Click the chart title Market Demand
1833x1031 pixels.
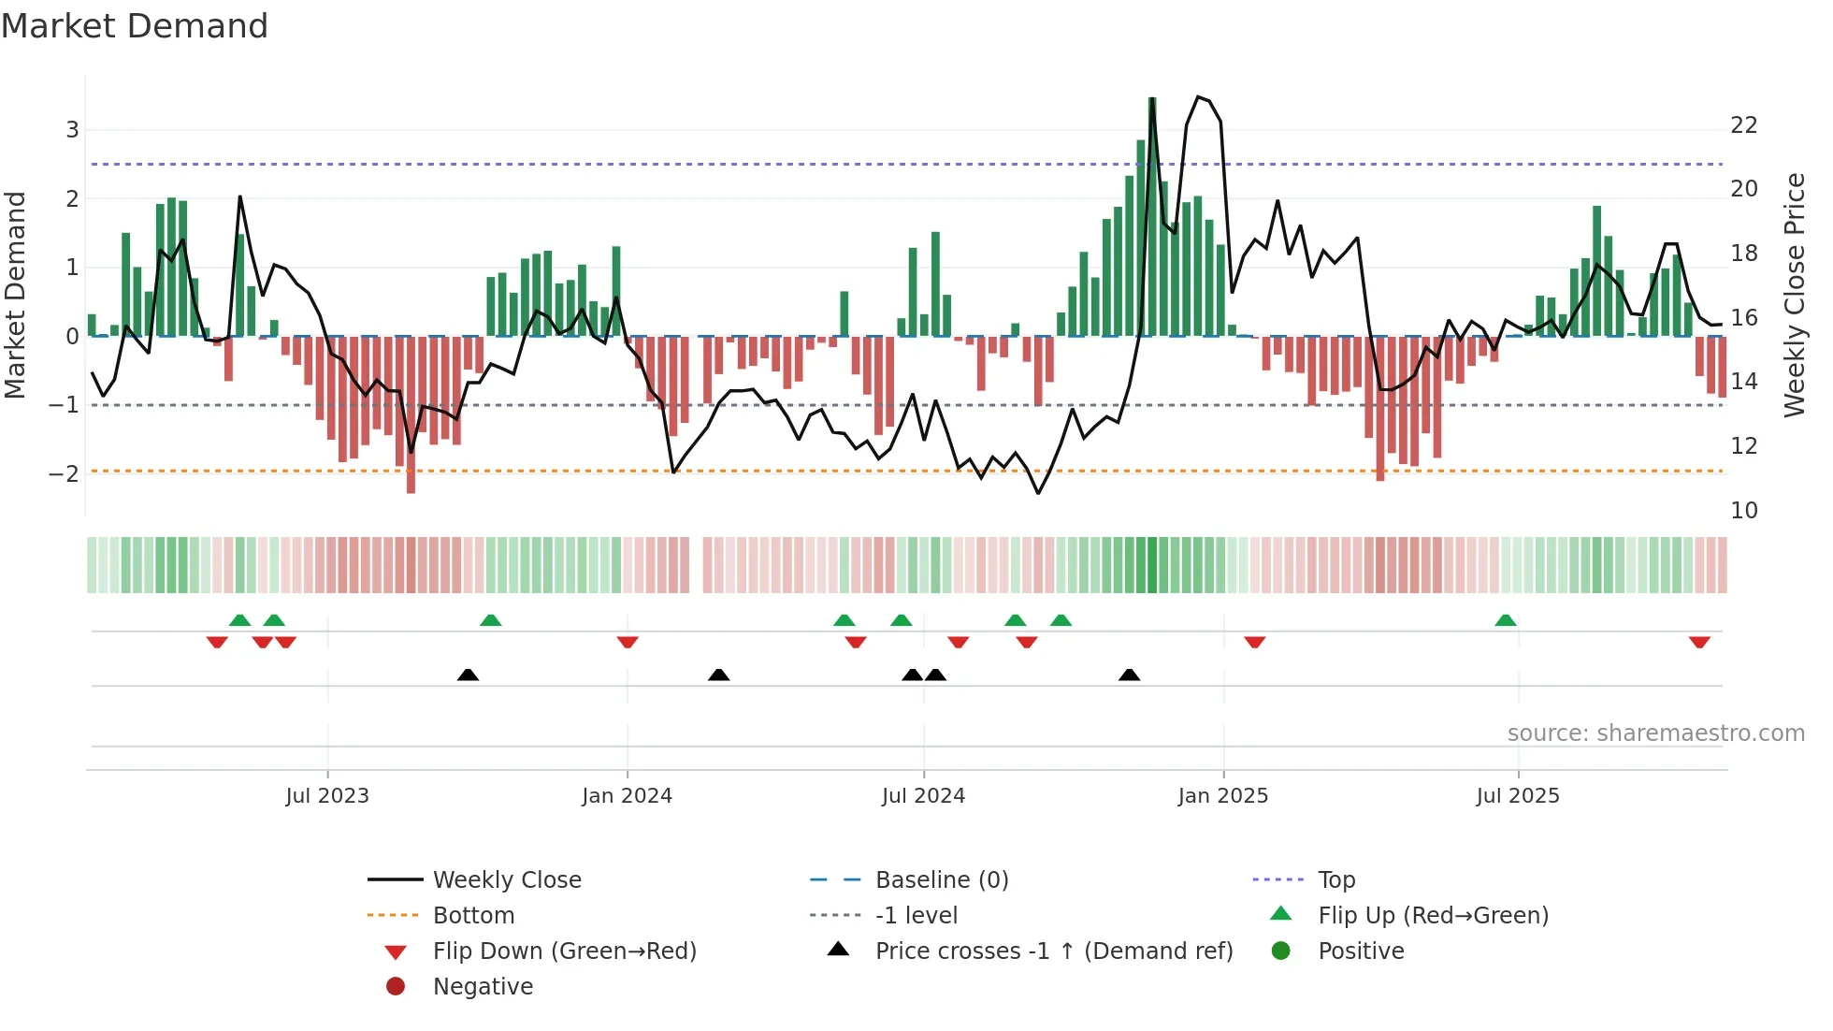click(135, 26)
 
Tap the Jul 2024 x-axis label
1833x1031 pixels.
click(923, 796)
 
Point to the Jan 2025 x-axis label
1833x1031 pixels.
click(1222, 796)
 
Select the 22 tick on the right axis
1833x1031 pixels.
click(1743, 125)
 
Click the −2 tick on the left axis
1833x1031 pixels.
click(64, 473)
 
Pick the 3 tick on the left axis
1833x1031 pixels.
click(72, 130)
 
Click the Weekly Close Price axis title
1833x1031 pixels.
click(1794, 295)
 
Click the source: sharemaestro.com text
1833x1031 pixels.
click(1655, 733)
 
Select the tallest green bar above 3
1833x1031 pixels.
click(1152, 215)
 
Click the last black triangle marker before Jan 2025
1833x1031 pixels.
click(1129, 675)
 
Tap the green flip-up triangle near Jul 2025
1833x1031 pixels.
click(1505, 620)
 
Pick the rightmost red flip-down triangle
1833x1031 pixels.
click(1699, 642)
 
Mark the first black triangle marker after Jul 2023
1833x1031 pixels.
click(468, 675)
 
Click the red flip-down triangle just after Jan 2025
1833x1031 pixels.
click(1254, 642)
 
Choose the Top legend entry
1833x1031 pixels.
click(1335, 880)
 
